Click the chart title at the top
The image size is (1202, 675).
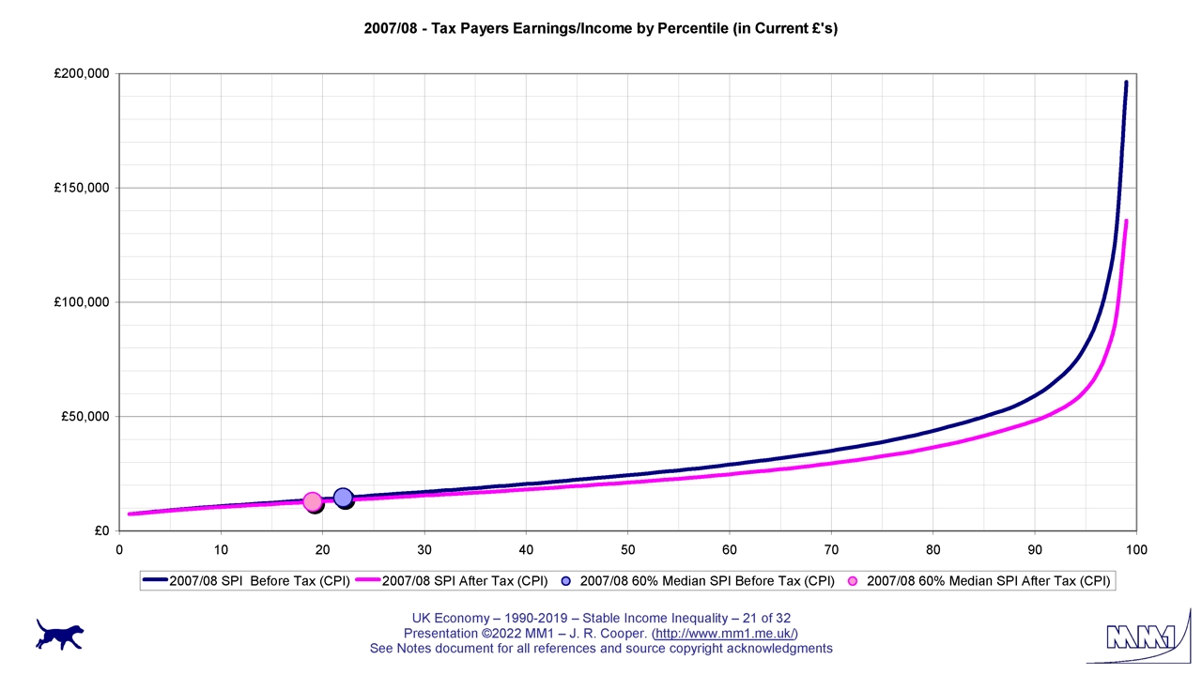pos(600,28)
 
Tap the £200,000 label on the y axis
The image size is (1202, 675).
pos(82,74)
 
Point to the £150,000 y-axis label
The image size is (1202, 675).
pos(82,188)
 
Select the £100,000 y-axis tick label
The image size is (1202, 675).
pos(82,302)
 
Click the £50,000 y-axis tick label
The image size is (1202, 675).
pos(85,417)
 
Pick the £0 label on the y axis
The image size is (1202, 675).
pos(101,531)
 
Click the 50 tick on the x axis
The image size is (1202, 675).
pos(627,549)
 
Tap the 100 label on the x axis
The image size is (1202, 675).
pos(1135,549)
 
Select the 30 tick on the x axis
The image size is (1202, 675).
pos(424,549)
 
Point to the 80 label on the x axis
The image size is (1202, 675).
pos(932,549)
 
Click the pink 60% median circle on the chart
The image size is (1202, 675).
pos(313,501)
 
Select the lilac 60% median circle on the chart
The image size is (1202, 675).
pos(343,498)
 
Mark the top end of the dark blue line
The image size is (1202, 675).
pos(1126,83)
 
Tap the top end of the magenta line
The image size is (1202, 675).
pos(1126,221)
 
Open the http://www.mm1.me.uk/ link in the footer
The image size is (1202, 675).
pos(725,634)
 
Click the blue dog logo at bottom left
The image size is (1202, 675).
pos(60,634)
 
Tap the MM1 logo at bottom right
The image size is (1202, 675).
pos(1140,638)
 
